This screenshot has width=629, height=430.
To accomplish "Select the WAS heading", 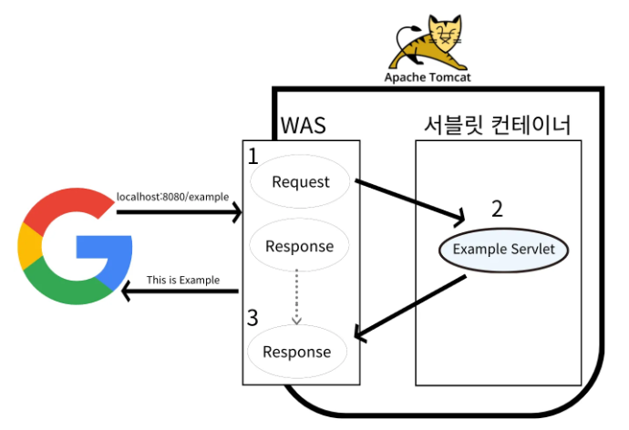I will (303, 126).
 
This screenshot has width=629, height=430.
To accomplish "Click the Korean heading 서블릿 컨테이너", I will (498, 126).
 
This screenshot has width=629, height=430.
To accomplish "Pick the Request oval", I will (301, 181).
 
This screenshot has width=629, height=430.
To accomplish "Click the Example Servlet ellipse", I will (498, 249).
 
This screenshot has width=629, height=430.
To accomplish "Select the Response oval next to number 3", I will (297, 352).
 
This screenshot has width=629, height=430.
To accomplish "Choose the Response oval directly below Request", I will (299, 246).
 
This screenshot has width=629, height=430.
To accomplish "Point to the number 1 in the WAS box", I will (253, 157).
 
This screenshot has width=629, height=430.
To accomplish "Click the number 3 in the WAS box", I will (253, 319).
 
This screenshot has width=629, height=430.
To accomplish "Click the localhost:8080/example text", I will (172, 197).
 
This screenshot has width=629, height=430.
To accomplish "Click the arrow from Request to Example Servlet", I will (410, 201).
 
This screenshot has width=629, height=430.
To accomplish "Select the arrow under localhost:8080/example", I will (179, 213).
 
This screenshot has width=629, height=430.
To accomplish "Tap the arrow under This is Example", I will (180, 292).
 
